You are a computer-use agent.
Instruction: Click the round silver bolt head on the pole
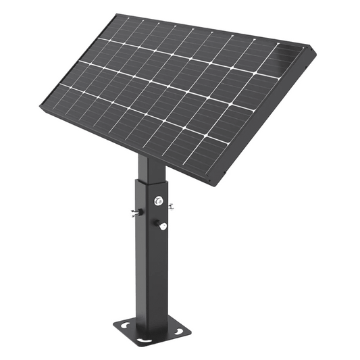tap(158, 200)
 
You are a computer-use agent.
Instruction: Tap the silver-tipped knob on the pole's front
tap(163, 226)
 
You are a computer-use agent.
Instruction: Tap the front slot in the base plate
tap(142, 337)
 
